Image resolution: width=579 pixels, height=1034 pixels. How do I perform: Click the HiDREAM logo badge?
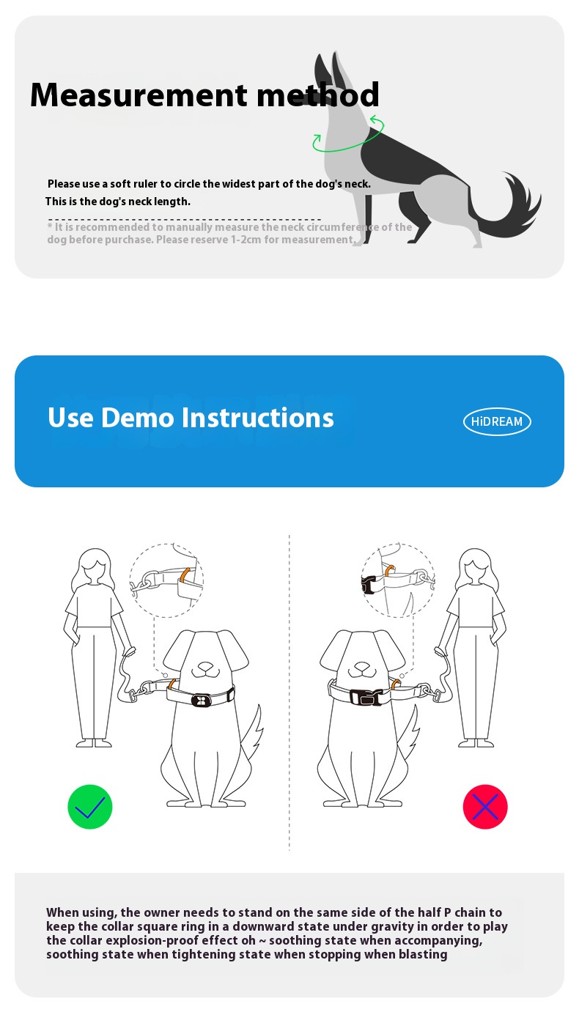coord(497,421)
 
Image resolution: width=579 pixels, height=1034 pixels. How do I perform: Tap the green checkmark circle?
coord(90,806)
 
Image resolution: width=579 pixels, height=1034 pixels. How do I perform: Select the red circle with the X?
coord(485,806)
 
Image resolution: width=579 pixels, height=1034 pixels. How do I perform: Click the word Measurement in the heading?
coord(139,95)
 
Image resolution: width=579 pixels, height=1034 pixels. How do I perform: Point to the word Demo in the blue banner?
coord(138,418)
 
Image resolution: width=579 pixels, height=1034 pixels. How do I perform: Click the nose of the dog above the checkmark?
coord(206,667)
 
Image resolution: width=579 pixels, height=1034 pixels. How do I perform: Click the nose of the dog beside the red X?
coord(363,667)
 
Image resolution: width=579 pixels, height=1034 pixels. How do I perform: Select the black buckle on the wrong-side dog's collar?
coord(366,697)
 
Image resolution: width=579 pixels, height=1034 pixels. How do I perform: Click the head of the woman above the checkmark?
coord(95,566)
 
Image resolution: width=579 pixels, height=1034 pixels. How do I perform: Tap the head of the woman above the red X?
coord(476,566)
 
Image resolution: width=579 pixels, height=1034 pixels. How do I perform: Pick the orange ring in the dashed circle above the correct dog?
coord(185,575)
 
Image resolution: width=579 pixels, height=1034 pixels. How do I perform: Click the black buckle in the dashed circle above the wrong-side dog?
coord(367,585)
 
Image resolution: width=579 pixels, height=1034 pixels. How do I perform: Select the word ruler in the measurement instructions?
coord(145,184)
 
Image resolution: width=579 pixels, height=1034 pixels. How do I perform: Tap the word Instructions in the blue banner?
coord(258,418)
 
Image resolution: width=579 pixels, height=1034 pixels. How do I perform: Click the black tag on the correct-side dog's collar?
coord(202,701)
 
